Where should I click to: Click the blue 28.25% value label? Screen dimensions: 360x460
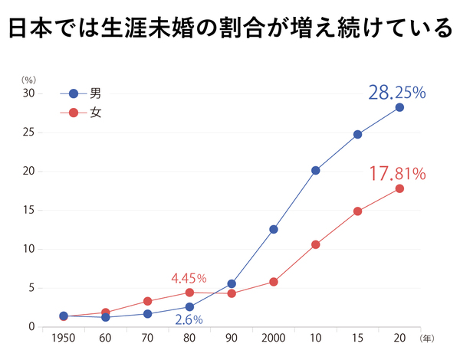coord(397,93)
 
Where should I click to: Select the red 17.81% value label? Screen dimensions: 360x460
coord(397,174)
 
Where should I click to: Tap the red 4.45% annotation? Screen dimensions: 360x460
coord(189,277)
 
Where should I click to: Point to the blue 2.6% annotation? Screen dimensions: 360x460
coord(189,320)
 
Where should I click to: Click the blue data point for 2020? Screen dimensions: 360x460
coord(399,107)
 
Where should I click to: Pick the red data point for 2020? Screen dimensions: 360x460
coord(399,188)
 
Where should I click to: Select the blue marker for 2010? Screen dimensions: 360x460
coord(315,171)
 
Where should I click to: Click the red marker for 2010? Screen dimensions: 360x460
coord(315,244)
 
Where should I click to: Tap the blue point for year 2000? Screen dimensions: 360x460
coord(274,229)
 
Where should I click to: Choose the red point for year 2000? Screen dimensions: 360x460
coord(274,282)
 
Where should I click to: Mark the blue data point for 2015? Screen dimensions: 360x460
coord(357,134)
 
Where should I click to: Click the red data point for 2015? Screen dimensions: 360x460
coord(357,211)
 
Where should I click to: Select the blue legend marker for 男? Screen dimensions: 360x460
coord(74,93)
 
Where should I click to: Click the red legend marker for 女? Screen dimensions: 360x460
coord(74,113)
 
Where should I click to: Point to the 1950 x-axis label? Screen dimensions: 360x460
coord(64,338)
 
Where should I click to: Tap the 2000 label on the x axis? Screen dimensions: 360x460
coord(274,338)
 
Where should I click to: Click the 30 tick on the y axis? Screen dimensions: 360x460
coord(29,93)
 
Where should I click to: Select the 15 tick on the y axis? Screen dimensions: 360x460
coord(29,210)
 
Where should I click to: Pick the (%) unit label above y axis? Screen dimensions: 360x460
coord(28,79)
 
